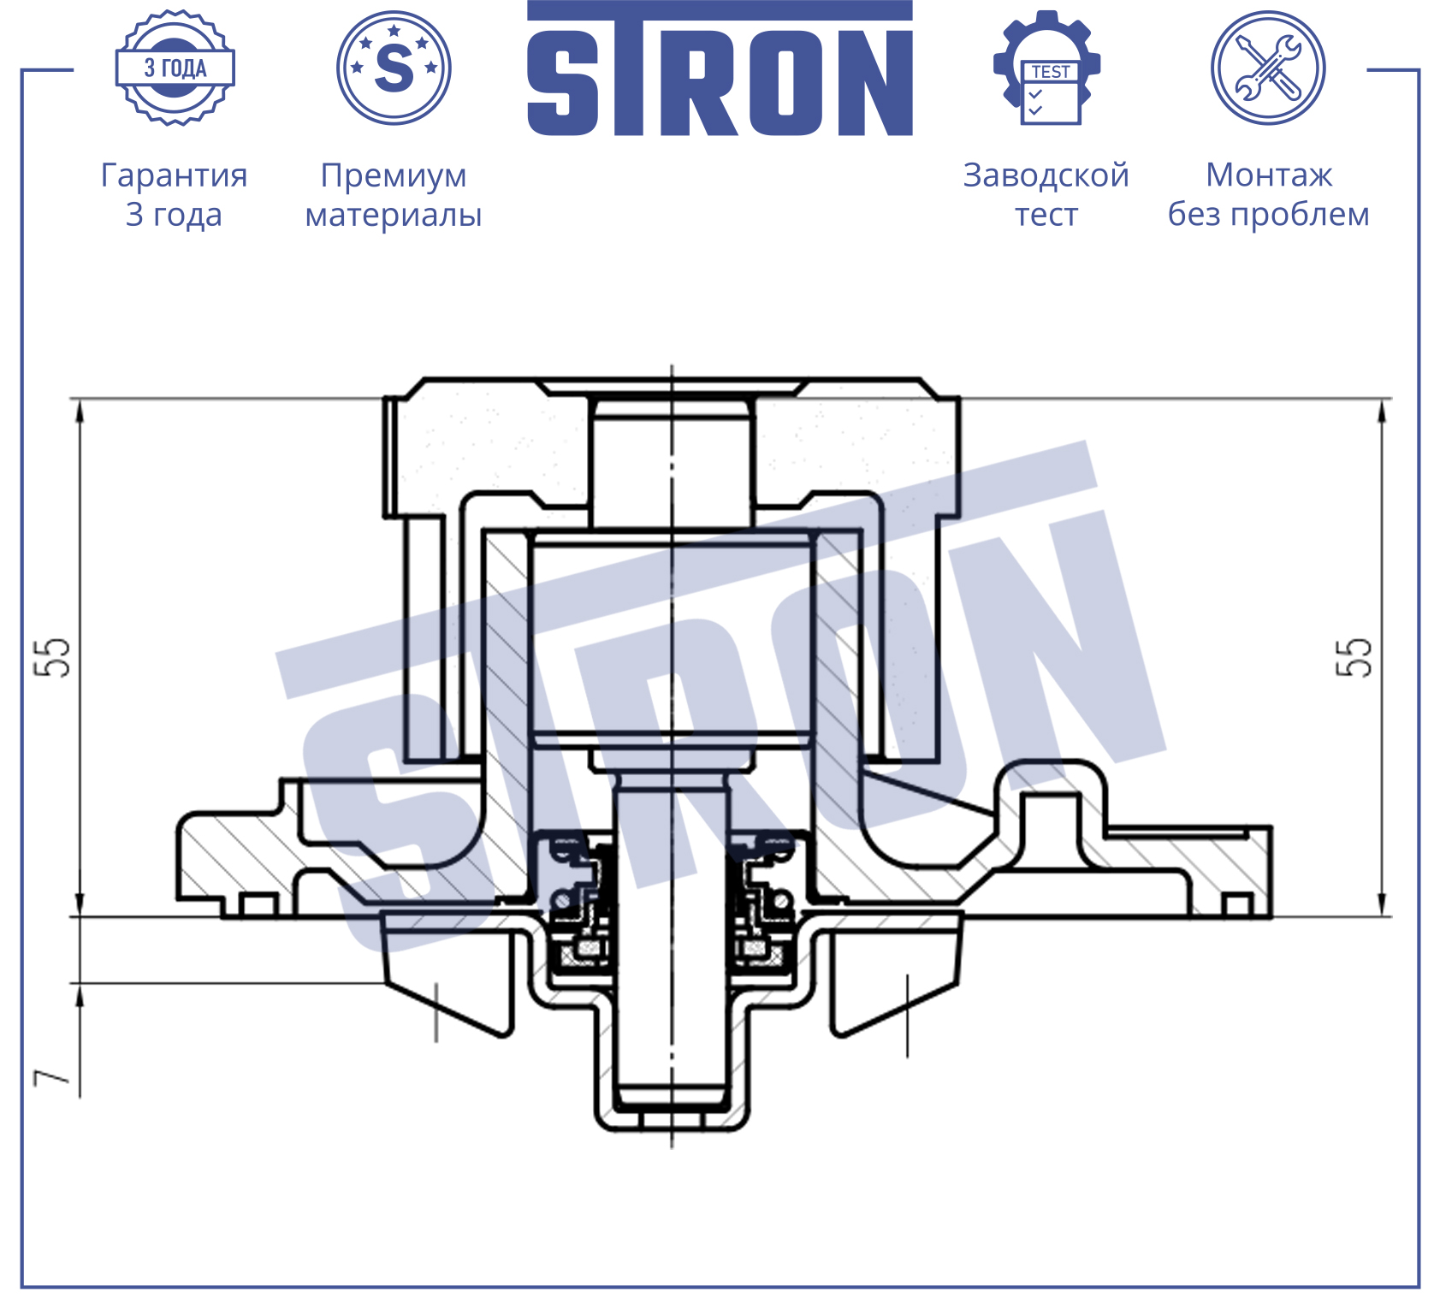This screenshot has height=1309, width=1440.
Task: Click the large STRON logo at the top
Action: click(x=720, y=68)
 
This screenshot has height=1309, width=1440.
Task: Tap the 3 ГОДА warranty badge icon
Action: click(x=175, y=68)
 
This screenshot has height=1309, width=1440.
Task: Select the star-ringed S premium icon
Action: click(x=394, y=68)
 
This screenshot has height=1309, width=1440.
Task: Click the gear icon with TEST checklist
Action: click(x=1047, y=68)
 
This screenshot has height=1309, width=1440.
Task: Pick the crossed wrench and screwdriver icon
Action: click(x=1268, y=68)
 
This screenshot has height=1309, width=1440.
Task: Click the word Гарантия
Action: click(x=175, y=176)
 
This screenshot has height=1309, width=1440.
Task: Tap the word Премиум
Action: click(x=394, y=176)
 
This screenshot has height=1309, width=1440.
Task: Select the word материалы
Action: click(x=394, y=215)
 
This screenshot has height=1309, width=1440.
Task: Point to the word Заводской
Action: click(x=1046, y=175)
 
